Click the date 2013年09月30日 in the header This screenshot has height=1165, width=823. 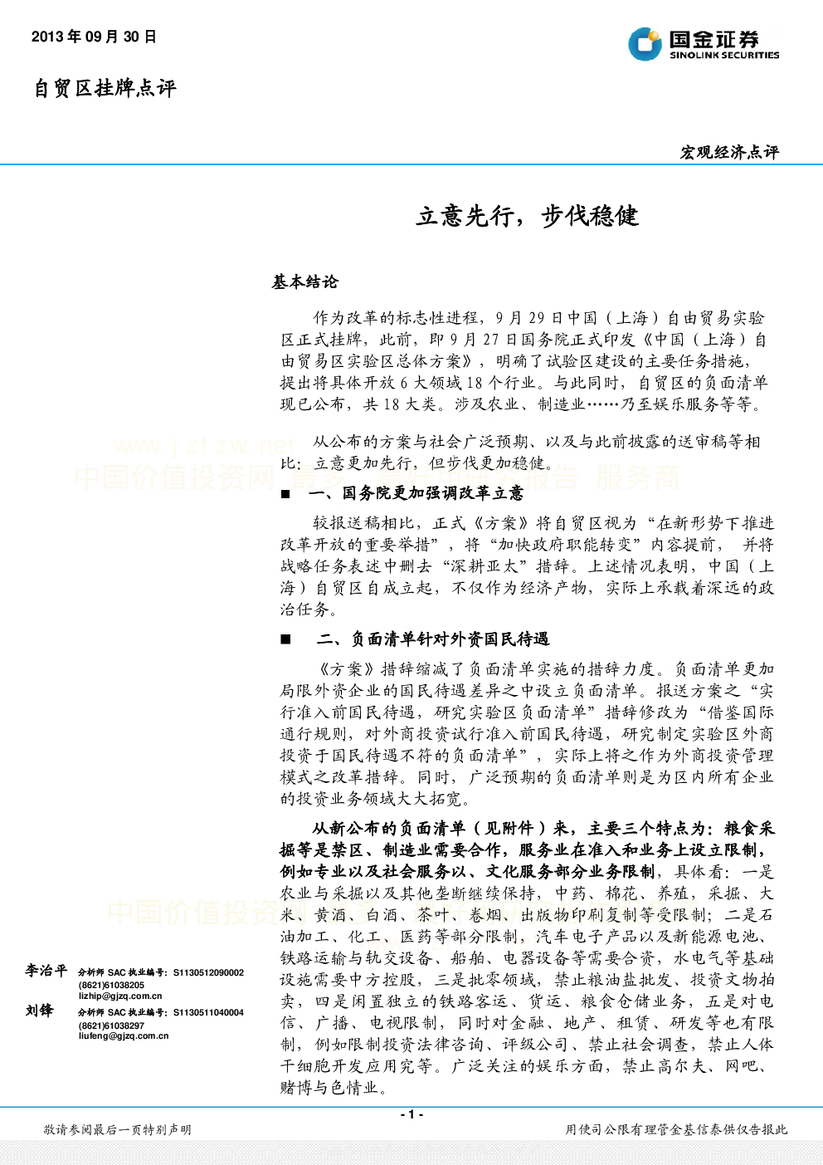tap(94, 37)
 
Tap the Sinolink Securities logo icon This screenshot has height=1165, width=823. tap(645, 44)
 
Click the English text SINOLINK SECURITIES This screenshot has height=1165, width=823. tap(724, 55)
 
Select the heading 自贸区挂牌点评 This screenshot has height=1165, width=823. tap(105, 88)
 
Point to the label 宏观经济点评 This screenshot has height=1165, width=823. tap(729, 152)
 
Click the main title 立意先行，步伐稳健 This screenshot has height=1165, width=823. tap(527, 217)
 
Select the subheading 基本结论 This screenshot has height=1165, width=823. tap(305, 281)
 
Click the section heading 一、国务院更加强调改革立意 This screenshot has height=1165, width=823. tap(416, 493)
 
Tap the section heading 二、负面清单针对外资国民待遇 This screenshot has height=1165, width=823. tap(432, 639)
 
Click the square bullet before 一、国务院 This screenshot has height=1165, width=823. tap(285, 494)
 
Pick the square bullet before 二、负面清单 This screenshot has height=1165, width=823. tap(285, 639)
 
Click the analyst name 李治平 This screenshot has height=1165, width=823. tap(46, 971)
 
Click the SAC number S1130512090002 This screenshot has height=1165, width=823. tap(208, 972)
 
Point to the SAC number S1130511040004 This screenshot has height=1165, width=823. tap(208, 1012)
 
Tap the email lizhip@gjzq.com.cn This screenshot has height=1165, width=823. tap(120, 996)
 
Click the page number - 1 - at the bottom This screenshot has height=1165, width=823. tap(412, 1114)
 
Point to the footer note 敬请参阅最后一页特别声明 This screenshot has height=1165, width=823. tap(118, 1129)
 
